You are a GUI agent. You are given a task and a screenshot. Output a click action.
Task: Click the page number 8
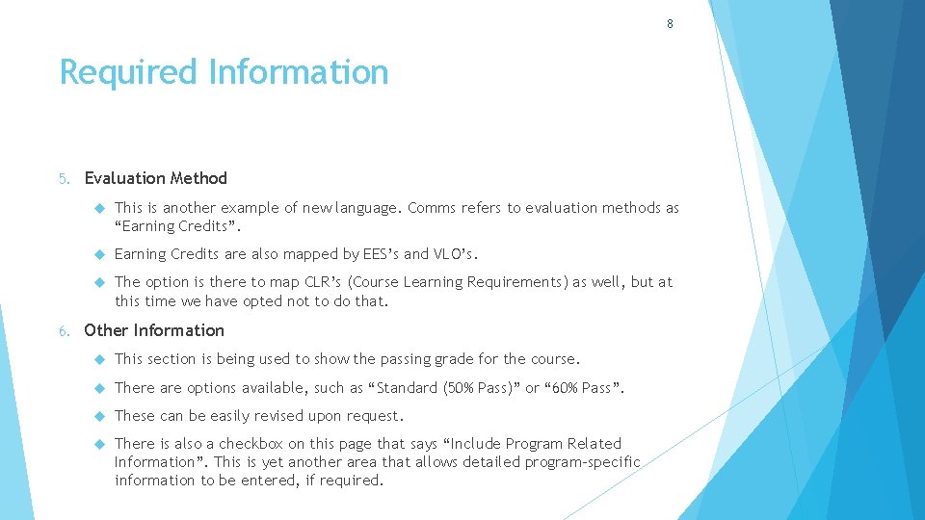click(670, 24)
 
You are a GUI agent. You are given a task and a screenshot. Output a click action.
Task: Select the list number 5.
click(63, 178)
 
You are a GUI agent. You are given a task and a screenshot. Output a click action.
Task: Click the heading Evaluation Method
click(156, 178)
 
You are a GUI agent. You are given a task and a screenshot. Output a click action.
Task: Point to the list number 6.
click(63, 330)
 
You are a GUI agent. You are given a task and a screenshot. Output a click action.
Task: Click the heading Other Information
click(154, 330)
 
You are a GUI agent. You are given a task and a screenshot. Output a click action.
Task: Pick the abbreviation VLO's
click(455, 254)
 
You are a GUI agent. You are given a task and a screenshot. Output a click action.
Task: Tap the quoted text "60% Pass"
click(585, 387)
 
